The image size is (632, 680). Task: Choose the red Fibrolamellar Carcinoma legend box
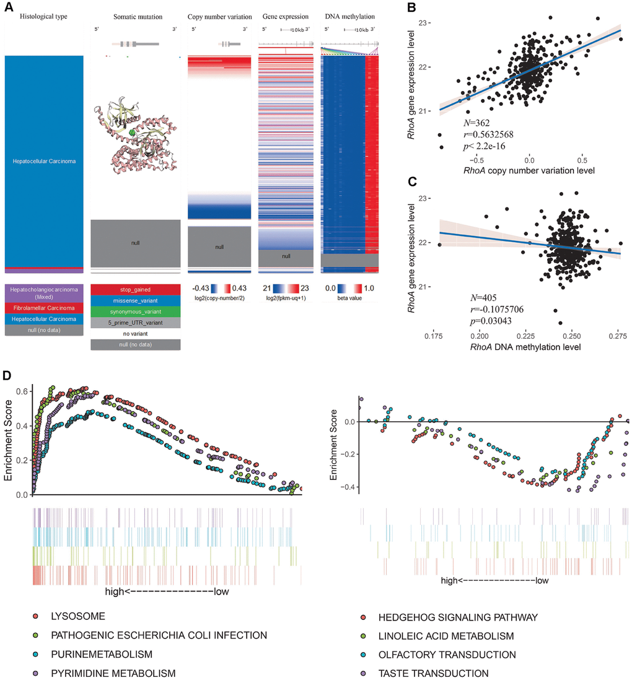click(43, 308)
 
